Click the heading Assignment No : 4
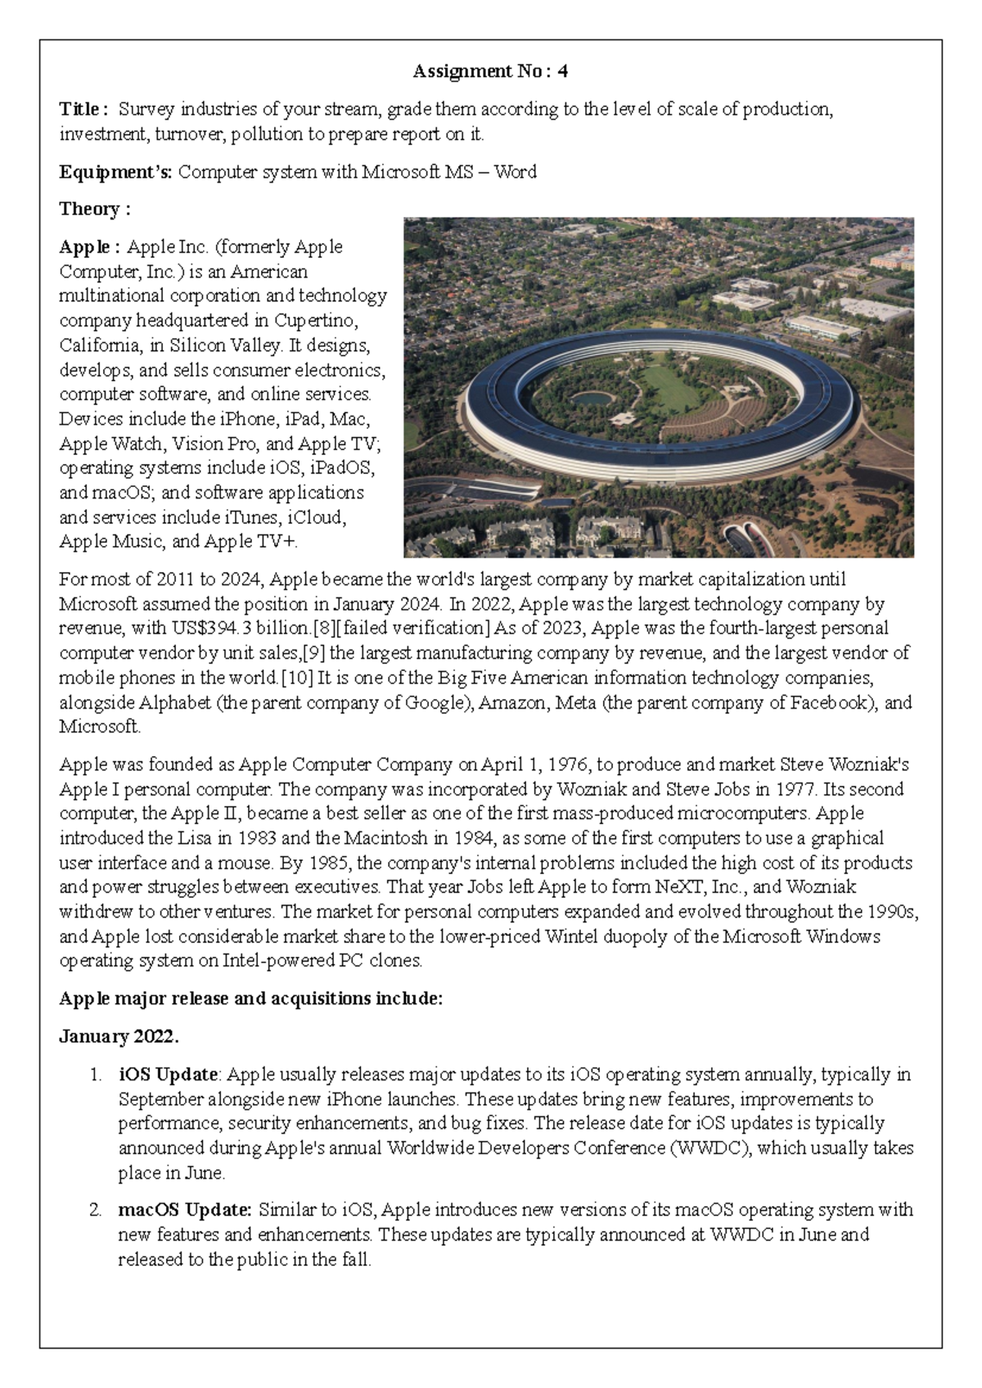pyautogui.click(x=490, y=71)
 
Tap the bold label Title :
pyautogui.click(x=83, y=109)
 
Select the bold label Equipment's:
pyautogui.click(x=115, y=172)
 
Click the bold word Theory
pyautogui.click(x=89, y=209)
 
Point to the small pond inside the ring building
pyautogui.click(x=590, y=399)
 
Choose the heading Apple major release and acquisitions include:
pyautogui.click(x=250, y=998)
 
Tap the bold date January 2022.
pyautogui.click(x=119, y=1036)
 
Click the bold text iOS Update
pyautogui.click(x=168, y=1075)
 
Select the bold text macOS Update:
pyautogui.click(x=185, y=1210)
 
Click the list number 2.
pyautogui.click(x=96, y=1210)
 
